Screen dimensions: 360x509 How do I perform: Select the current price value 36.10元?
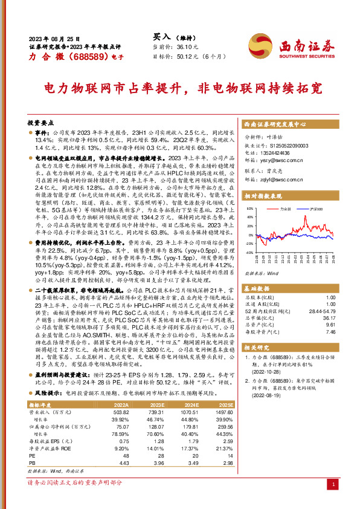pyautogui.click(x=187, y=46)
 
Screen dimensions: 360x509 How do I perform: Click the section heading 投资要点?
pyautogui.click(x=41, y=122)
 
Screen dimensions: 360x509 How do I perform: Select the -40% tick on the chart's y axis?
pyautogui.click(x=248, y=253)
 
